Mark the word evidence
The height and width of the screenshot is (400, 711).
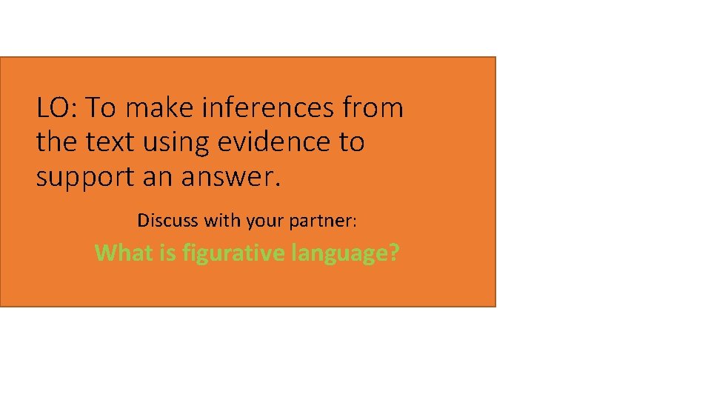274,141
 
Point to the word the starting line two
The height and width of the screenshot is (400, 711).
56,141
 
